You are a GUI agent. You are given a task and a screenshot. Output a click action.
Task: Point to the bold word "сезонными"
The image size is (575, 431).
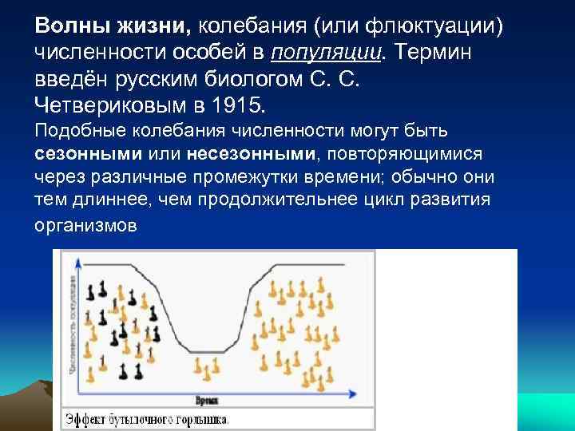[88, 152]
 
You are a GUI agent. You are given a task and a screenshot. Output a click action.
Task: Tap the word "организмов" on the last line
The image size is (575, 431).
[86, 226]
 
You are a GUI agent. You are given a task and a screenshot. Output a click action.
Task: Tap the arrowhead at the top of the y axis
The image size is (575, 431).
[77, 261]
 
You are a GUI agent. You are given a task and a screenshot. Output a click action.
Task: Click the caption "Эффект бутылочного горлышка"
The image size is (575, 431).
[149, 418]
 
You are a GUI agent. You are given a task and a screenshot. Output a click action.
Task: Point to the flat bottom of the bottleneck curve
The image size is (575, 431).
[207, 351]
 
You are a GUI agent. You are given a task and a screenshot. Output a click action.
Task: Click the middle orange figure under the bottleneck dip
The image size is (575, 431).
[207, 370]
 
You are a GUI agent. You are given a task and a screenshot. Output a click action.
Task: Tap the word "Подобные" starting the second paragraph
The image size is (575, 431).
[76, 131]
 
